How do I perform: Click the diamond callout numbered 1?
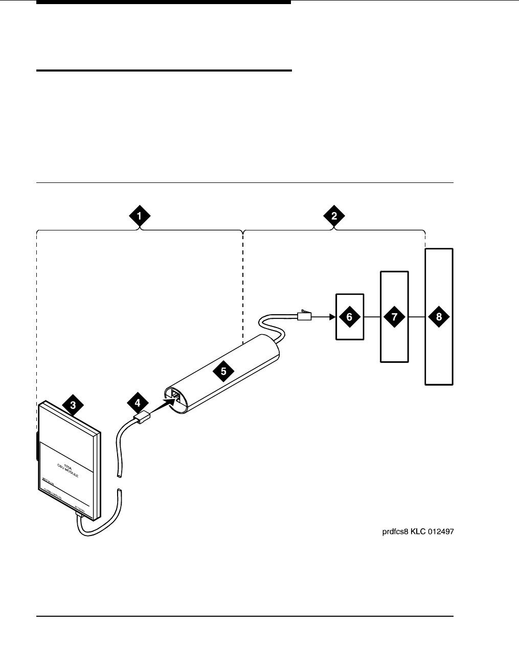tap(139, 216)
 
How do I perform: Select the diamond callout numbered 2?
tap(334, 216)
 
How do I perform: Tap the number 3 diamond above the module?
tap(73, 406)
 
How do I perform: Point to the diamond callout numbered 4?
tap(137, 403)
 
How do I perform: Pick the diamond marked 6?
tap(349, 317)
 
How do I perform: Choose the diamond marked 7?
tap(394, 317)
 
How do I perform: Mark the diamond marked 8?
tap(439, 317)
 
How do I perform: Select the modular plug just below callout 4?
tap(140, 418)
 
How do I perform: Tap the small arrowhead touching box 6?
tap(331, 317)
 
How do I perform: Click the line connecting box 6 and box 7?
tap(372, 317)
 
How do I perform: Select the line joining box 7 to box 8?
tap(417, 317)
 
